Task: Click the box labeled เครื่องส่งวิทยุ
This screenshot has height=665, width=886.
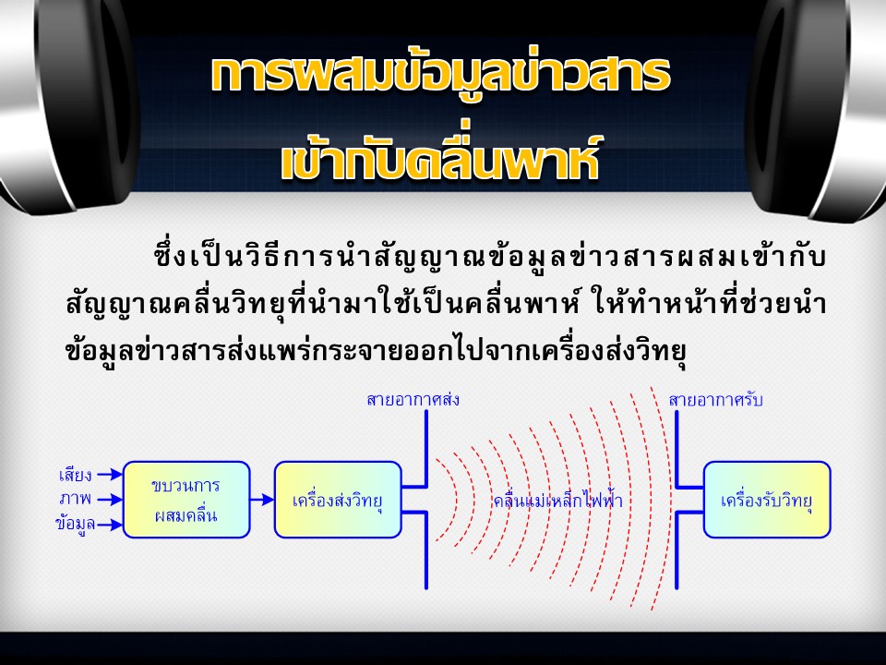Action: [338, 500]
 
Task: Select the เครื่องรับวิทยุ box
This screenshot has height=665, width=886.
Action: [767, 500]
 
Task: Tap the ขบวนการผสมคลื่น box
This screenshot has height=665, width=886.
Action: [186, 500]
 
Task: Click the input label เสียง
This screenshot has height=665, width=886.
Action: [75, 475]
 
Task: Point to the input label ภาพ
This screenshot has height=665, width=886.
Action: [75, 499]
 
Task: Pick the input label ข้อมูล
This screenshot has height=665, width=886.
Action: [75, 524]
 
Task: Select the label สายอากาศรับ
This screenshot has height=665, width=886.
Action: [715, 400]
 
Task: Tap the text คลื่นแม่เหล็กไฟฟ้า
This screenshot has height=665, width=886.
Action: [558, 501]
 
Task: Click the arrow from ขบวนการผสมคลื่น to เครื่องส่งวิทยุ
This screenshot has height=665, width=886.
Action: [262, 500]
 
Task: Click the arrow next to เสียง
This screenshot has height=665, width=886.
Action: [110, 474]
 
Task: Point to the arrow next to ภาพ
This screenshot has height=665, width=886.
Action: [110, 500]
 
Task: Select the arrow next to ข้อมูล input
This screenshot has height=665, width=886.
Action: [110, 525]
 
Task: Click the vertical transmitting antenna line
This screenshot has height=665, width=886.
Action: [426, 500]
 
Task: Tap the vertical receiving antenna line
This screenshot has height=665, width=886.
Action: [676, 500]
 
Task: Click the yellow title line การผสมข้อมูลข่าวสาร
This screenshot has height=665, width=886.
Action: [441, 74]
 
